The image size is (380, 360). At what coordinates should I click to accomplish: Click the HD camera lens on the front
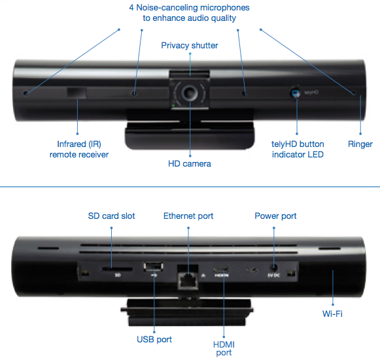point(190,93)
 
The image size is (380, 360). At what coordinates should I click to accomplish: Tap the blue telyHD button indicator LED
point(296,93)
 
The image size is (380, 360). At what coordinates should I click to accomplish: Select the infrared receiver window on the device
point(77,93)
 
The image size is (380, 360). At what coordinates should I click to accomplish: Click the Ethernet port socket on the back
point(188,280)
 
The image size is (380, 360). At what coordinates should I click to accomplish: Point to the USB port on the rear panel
point(154,267)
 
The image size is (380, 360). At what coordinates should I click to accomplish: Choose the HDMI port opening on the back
point(221,269)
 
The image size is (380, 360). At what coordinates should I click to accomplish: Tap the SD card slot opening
point(117,269)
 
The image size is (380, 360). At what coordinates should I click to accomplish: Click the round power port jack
point(274,268)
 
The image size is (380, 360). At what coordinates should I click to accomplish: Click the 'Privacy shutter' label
point(190,46)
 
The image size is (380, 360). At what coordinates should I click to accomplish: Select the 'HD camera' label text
point(190,163)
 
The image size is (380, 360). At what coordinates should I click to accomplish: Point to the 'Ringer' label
point(360,144)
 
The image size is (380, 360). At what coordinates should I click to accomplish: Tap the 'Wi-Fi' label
point(332,314)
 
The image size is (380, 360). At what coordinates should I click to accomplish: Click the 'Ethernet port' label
point(188,216)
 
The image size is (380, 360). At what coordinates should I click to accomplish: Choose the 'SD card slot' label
point(111,216)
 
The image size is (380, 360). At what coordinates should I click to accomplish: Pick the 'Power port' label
point(275,216)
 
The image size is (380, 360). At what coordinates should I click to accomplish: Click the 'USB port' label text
point(154,340)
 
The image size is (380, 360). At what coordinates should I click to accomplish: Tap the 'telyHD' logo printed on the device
point(311,92)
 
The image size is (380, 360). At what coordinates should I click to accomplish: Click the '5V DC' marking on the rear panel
point(274,275)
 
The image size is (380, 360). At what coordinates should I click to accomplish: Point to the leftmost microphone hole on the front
point(26,93)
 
